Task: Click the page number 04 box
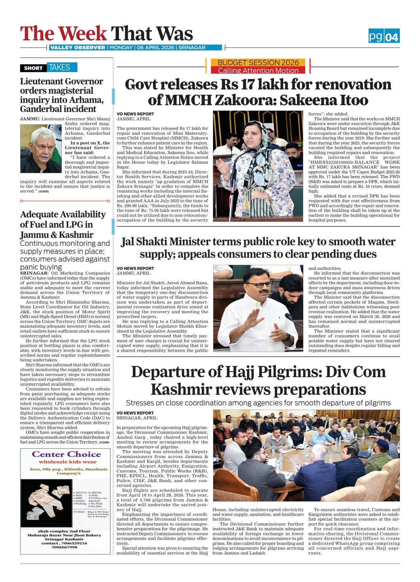pyautogui.click(x=392, y=37)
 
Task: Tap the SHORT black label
pyautogui.click(x=33, y=68)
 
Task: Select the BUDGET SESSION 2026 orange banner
pyautogui.click(x=258, y=62)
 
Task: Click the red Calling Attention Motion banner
pyautogui.click(x=258, y=70)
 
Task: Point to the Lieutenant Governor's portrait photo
pyautogui.click(x=41, y=148)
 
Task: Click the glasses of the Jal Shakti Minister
pyautogui.click(x=260, y=285)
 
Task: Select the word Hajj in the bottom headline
pyautogui.click(x=245, y=372)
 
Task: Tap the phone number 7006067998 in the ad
pyautogui.click(x=64, y=547)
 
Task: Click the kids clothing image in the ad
pyautogui.click(x=46, y=502)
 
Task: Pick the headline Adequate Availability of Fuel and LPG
pyautogui.click(x=63, y=225)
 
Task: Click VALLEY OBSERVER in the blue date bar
pyautogui.click(x=78, y=47)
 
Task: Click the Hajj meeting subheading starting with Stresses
pyautogui.click(x=258, y=403)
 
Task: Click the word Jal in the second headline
pyautogui.click(x=128, y=242)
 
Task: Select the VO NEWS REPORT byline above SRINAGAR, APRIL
pyautogui.click(x=135, y=413)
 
